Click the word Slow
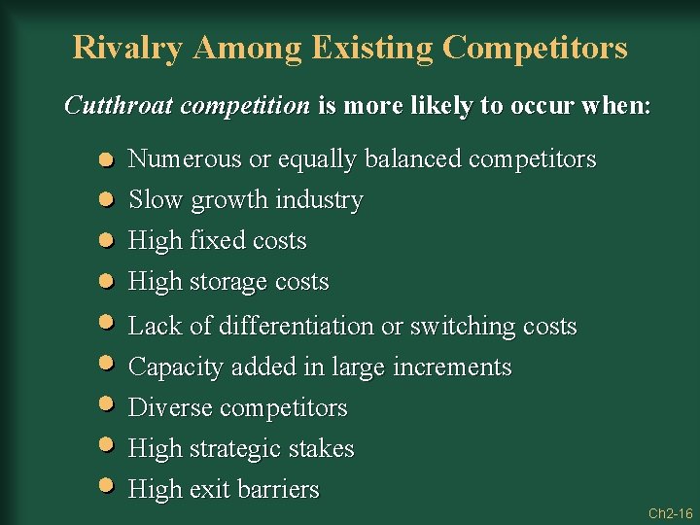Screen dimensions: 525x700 [x=157, y=199]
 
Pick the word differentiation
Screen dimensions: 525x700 [x=297, y=326]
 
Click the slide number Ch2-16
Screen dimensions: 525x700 [x=670, y=512]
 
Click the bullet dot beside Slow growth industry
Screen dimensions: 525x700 [x=108, y=199]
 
